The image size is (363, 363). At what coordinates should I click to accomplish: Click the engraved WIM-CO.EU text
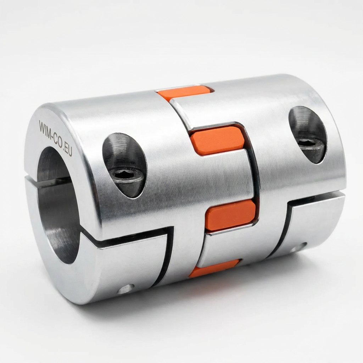click(56, 138)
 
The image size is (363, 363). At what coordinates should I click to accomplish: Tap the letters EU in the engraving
click(67, 150)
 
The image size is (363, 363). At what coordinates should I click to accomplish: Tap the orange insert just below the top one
click(218, 140)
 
